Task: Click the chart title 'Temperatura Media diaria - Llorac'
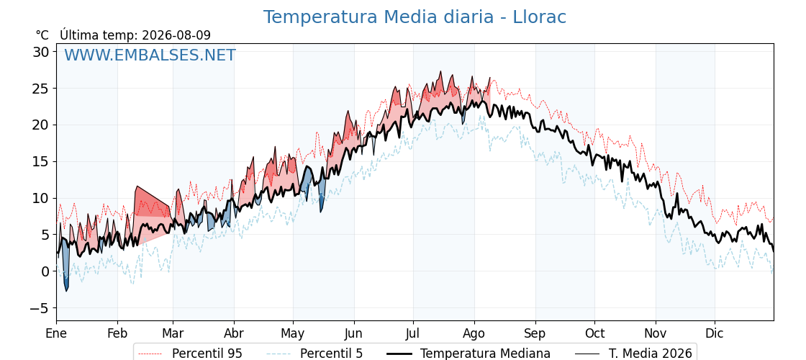415,17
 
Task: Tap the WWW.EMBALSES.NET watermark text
150,55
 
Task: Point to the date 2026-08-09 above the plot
176,35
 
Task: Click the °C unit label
42,35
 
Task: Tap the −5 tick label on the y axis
39,308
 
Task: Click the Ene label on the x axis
56,333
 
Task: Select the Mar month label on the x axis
173,333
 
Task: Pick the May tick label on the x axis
293,333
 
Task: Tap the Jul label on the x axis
413,333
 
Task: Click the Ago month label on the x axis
474,334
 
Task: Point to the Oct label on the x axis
594,333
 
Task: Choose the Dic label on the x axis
715,333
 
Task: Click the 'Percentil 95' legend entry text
207,354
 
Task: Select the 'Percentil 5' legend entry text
332,354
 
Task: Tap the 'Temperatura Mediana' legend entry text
485,354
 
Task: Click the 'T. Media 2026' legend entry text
651,354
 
